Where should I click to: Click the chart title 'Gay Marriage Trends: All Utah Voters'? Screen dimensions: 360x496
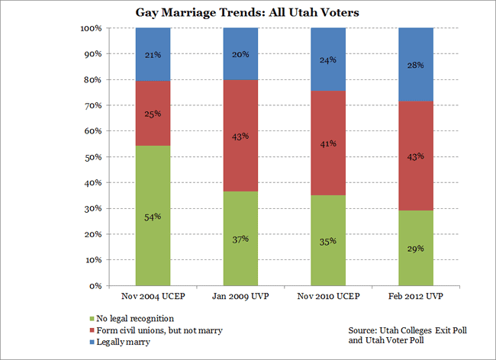click(247, 13)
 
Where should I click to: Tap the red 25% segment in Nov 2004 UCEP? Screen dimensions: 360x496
click(153, 113)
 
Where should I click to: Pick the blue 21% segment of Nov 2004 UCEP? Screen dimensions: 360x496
click(153, 54)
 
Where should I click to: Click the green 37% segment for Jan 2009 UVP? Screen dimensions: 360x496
click(240, 238)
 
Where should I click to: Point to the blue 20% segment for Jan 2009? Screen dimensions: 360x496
click(240, 54)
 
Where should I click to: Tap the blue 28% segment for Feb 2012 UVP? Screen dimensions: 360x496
click(416, 64)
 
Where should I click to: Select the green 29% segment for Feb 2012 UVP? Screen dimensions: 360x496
click(416, 248)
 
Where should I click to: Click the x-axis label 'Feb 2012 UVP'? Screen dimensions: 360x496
click(416, 295)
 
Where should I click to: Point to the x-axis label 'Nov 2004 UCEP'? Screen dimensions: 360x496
click(153, 295)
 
